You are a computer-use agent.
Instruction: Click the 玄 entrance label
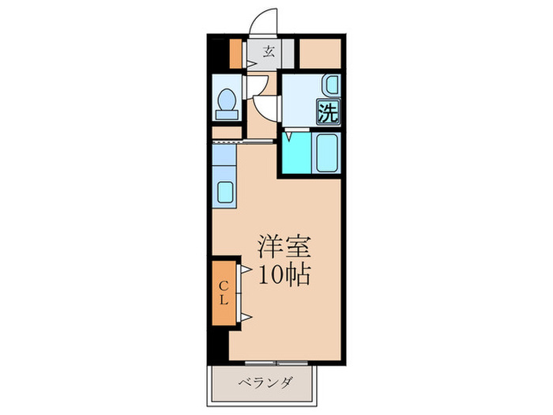coord(269,53)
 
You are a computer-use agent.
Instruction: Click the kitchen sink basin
coord(224,193)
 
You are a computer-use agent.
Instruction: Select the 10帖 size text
coord(282,274)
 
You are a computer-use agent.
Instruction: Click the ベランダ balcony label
coord(265,384)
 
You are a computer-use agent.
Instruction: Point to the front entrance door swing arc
coord(264,21)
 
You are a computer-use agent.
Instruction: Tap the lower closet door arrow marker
coord(246,316)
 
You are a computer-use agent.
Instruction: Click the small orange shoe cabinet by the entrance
coord(235,52)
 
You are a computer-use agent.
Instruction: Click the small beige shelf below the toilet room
coord(227,132)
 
